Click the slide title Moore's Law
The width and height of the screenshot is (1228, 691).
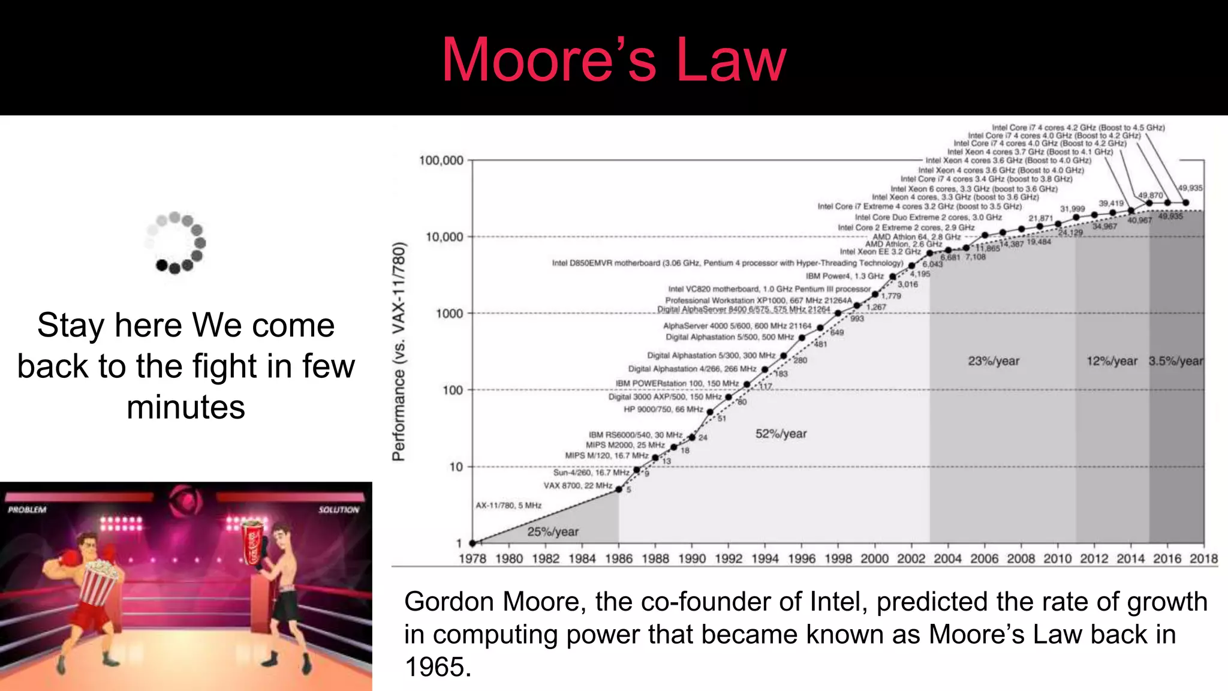[613, 59]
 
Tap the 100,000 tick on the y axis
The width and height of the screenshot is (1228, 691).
[441, 161]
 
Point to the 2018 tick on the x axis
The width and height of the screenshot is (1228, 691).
[1203, 559]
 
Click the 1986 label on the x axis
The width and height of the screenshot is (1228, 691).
[619, 559]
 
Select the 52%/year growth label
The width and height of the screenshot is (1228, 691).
[781, 434]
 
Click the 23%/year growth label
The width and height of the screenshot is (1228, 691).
[994, 361]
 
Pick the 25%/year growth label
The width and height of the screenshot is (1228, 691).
[553, 531]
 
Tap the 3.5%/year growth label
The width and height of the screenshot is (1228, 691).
[1176, 361]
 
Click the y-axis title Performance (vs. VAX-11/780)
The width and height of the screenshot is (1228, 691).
[399, 351]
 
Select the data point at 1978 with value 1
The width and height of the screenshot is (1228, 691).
[472, 543]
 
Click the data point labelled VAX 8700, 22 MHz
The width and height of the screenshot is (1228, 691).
[619, 489]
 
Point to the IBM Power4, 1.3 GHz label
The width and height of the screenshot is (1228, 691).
[844, 276]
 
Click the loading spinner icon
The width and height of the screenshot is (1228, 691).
[175, 242]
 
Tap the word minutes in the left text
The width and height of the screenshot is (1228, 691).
[186, 407]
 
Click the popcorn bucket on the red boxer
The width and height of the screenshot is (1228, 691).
[99, 582]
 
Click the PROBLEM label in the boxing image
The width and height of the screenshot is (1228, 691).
[27, 510]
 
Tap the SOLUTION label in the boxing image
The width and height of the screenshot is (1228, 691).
[339, 510]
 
